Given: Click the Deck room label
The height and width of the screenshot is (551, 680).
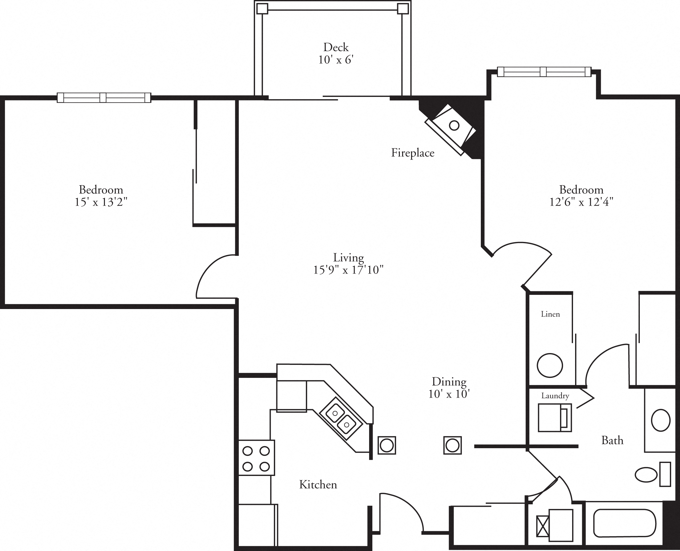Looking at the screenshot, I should click(x=336, y=47).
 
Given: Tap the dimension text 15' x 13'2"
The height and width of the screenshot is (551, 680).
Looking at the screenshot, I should click(x=101, y=202).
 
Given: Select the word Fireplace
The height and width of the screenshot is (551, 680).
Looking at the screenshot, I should click(x=412, y=153).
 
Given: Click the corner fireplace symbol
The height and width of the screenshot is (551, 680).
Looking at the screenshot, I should click(x=451, y=128).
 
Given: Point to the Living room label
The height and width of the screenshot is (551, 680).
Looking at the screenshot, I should click(x=348, y=257).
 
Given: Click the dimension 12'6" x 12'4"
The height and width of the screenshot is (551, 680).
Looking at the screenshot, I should click(x=581, y=202).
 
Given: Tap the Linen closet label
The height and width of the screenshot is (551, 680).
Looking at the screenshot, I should click(x=550, y=314).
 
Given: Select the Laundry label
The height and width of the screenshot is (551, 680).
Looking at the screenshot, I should click(x=555, y=396).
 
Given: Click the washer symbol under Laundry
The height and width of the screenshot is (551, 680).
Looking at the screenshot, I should click(x=554, y=418).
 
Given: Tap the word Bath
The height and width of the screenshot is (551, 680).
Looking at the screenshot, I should click(x=612, y=441).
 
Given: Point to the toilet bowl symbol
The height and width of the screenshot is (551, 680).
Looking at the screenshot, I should click(x=646, y=475).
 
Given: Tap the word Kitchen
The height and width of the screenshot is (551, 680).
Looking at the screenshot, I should click(x=318, y=485).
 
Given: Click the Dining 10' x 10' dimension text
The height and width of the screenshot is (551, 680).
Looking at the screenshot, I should click(x=449, y=394).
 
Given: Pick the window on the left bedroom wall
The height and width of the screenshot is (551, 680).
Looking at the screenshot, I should click(x=104, y=97).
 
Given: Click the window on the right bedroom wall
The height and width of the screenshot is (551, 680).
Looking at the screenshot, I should click(x=543, y=72).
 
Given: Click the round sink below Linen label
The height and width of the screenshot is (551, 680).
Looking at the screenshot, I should click(x=550, y=365).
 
